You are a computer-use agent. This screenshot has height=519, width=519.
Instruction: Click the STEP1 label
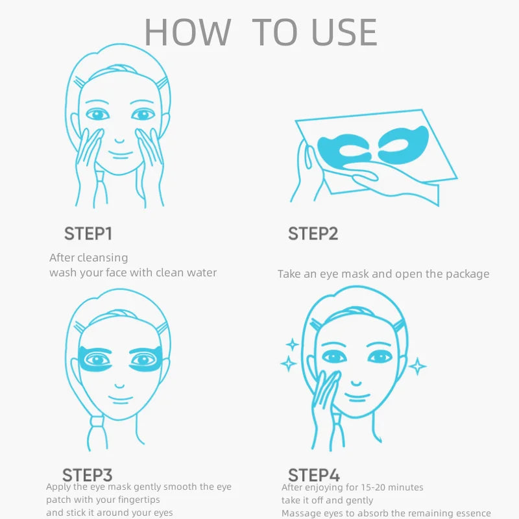(x=88, y=234)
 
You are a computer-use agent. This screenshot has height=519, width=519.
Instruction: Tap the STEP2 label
(x=313, y=234)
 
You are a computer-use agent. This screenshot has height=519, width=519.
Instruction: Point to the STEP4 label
(x=314, y=475)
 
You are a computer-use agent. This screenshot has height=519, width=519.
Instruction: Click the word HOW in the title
(x=187, y=32)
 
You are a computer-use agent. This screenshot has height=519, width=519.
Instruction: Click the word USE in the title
(x=344, y=32)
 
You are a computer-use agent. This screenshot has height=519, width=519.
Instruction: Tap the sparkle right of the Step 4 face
(x=417, y=367)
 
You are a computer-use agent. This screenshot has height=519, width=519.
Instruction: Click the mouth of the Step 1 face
(x=119, y=154)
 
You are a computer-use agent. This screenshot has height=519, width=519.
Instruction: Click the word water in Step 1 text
(x=200, y=272)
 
